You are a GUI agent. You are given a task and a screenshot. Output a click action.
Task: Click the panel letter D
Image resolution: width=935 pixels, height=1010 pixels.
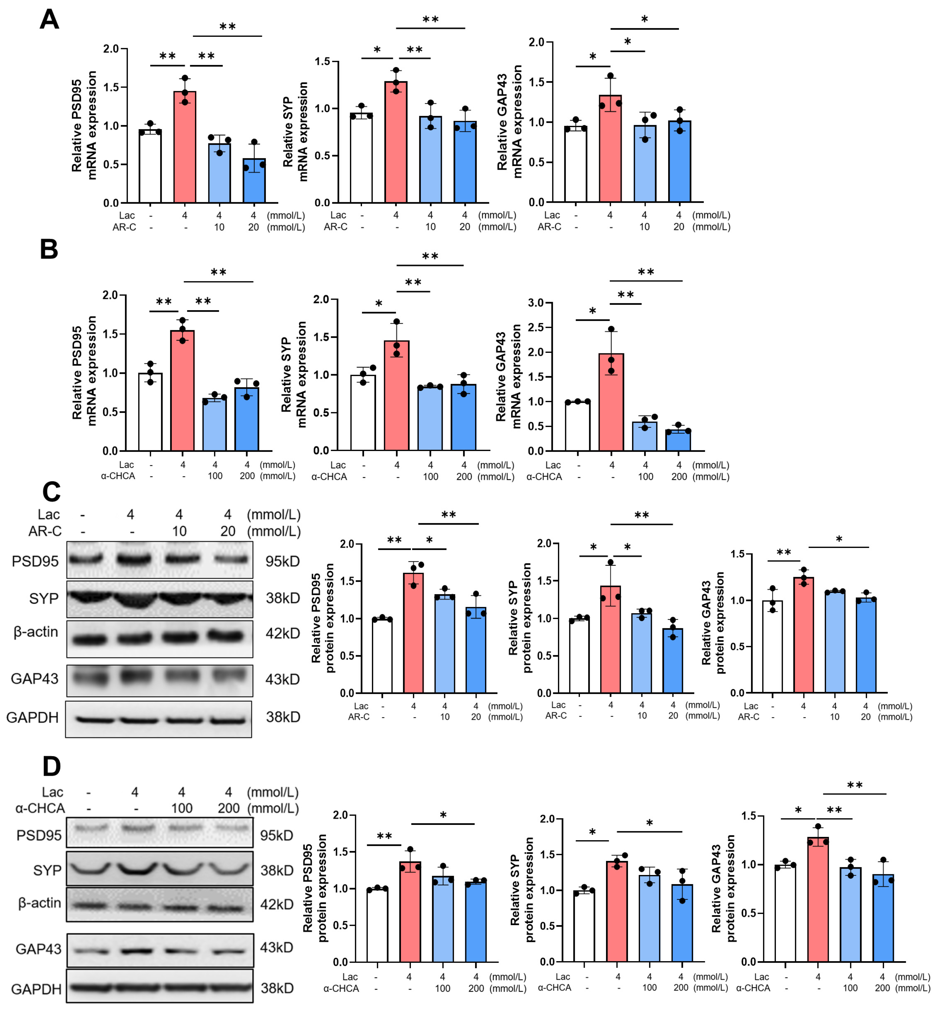(x=51, y=767)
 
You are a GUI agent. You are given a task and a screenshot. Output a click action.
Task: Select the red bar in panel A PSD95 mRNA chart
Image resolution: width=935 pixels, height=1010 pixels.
(x=185, y=147)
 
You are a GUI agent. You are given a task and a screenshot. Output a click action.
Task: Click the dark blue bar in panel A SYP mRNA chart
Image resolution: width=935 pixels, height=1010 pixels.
(x=465, y=162)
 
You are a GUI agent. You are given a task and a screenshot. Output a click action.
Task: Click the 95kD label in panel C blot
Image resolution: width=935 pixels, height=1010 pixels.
(x=282, y=562)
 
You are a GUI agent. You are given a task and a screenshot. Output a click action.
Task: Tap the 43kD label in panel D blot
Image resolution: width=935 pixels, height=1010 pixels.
(x=276, y=947)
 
